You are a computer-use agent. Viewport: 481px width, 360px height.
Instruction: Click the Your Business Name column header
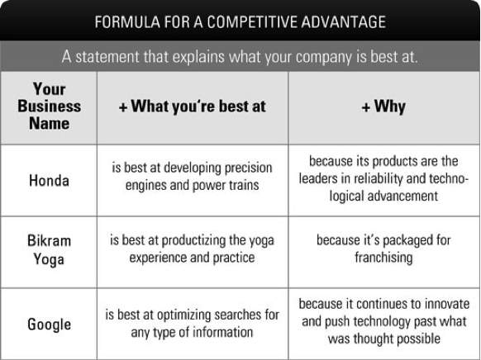coord(49,106)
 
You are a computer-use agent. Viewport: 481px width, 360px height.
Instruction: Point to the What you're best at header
coord(193,107)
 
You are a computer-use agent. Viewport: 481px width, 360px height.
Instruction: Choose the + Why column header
coord(383,107)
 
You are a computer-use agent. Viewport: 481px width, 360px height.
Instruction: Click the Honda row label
coord(49,181)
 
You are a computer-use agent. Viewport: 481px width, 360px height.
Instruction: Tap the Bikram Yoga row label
coord(49,249)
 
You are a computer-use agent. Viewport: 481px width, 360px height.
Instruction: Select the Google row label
coord(49,324)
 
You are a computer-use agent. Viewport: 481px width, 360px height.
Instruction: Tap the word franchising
coord(383,258)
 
